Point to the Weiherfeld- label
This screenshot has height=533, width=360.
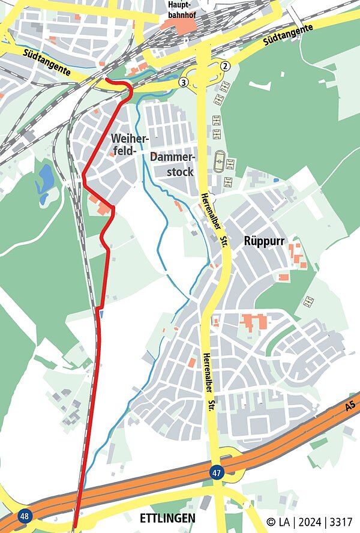pyautogui.click(x=128, y=145)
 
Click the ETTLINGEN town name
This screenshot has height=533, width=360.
pyautogui.click(x=167, y=518)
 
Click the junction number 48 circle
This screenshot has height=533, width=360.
pyautogui.click(x=25, y=516)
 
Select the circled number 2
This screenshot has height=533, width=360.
pyautogui.click(x=225, y=66)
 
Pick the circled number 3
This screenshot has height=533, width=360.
pyautogui.click(x=184, y=82)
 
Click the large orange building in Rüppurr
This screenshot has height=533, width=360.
pyautogui.click(x=254, y=322)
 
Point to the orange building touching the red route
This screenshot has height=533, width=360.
pyautogui.click(x=103, y=208)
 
